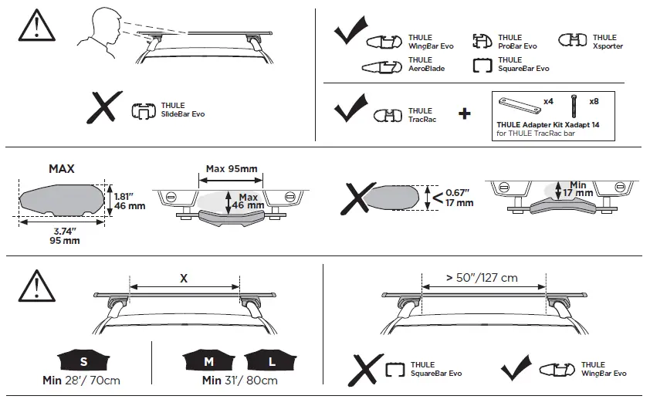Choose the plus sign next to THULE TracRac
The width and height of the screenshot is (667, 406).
click(464, 114)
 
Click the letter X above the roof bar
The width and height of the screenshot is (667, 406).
click(183, 278)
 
